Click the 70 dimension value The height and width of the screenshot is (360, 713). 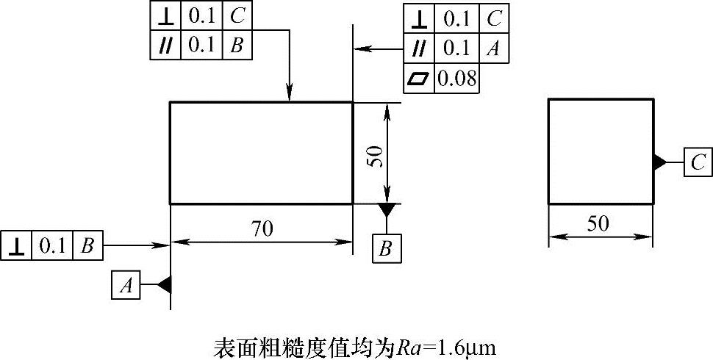pos(262,228)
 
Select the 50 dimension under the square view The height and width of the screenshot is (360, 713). pos(599,223)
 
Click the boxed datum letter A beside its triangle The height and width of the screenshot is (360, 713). pos(126,285)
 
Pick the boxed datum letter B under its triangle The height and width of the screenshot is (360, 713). pos(386,248)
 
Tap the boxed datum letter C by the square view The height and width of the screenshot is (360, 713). pos(698,162)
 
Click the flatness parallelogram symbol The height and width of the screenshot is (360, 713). pos(419,78)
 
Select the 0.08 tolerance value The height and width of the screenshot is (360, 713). pos(456,78)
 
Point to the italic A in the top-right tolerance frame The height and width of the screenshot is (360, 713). pos(494,49)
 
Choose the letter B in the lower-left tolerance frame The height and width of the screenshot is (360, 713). pos(86,246)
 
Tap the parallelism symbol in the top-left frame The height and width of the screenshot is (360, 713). pos(164,45)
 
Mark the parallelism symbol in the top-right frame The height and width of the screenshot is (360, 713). pos(419,49)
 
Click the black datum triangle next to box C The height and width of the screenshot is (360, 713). pos(659,162)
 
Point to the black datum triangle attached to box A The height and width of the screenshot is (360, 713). pos(165,285)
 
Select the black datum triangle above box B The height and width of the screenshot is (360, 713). pos(386,210)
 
